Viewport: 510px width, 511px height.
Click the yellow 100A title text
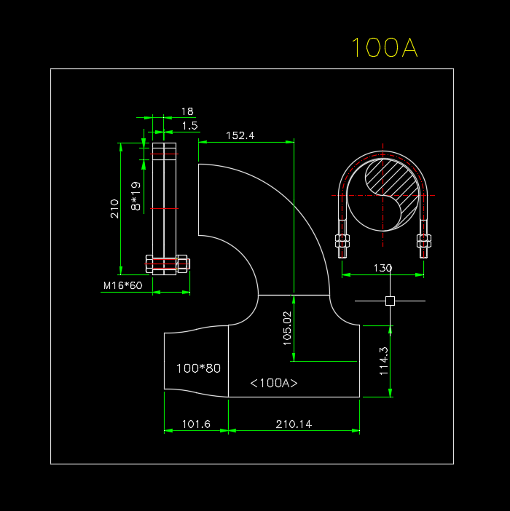(384, 48)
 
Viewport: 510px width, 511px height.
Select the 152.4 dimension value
(240, 135)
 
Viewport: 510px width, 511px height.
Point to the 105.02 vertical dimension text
(286, 327)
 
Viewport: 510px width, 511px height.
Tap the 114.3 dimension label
(384, 360)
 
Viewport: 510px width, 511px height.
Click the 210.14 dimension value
(294, 424)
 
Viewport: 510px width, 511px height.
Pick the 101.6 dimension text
(195, 424)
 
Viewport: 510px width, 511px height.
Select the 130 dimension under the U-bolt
(382, 268)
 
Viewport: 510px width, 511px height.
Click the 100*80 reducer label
(198, 368)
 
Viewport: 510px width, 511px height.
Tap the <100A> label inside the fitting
(274, 383)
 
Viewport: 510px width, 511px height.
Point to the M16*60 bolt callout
(122, 285)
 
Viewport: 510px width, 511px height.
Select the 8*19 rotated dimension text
(136, 197)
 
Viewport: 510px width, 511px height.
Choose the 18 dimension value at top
(187, 111)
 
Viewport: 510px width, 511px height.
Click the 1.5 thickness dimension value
(189, 126)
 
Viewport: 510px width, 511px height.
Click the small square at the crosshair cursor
(390, 301)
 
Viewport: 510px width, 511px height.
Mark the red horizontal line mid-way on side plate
(164, 209)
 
